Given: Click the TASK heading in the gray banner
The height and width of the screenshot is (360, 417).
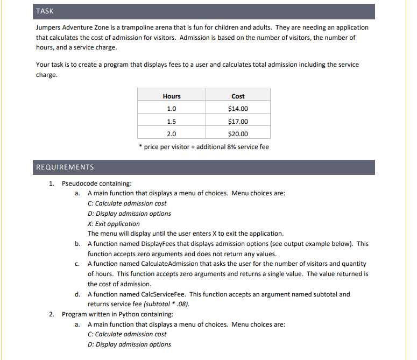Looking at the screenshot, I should [x=45, y=11].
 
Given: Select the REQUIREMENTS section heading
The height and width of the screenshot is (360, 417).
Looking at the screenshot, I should [x=65, y=167].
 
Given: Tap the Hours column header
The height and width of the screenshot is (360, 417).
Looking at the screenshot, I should [x=171, y=96].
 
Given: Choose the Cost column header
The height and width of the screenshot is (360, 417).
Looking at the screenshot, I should [x=238, y=96].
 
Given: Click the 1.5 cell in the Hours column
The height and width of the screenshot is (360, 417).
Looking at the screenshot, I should [x=171, y=121].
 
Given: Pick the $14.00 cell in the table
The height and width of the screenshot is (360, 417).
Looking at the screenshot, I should [x=238, y=109].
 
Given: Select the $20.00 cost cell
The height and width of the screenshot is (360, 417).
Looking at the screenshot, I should [x=238, y=134].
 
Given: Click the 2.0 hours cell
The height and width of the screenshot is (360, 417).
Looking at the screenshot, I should [x=171, y=134].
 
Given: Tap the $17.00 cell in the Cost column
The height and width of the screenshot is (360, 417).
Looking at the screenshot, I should [x=238, y=121].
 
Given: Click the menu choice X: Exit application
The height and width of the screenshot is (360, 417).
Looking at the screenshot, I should [x=113, y=223].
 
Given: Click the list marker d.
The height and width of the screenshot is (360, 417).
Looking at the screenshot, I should [x=79, y=294].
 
